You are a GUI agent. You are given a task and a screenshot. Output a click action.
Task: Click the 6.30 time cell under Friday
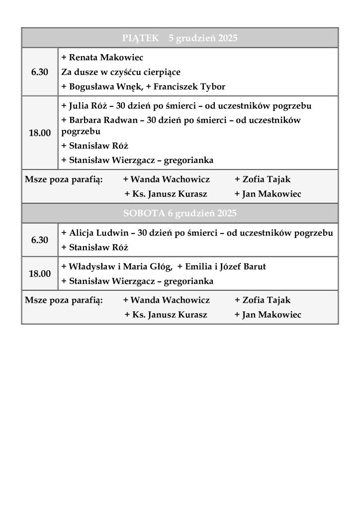(40, 72)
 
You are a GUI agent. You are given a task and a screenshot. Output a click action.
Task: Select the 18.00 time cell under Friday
(40, 133)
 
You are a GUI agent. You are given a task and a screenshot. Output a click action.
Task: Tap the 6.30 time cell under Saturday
(40, 240)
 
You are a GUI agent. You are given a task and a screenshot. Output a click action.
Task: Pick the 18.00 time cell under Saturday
(40, 273)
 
